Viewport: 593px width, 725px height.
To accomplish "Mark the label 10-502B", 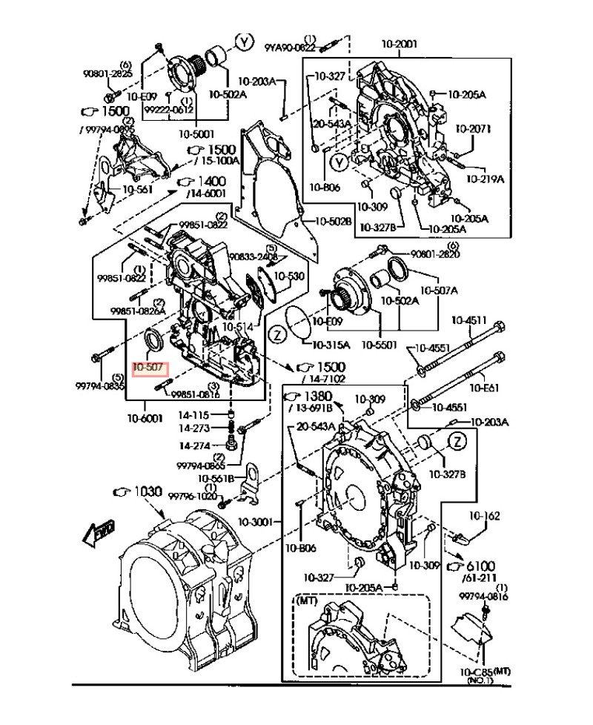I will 331,221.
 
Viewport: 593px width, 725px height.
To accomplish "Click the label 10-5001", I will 196,134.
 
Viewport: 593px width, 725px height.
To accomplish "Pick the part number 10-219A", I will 485,179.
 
